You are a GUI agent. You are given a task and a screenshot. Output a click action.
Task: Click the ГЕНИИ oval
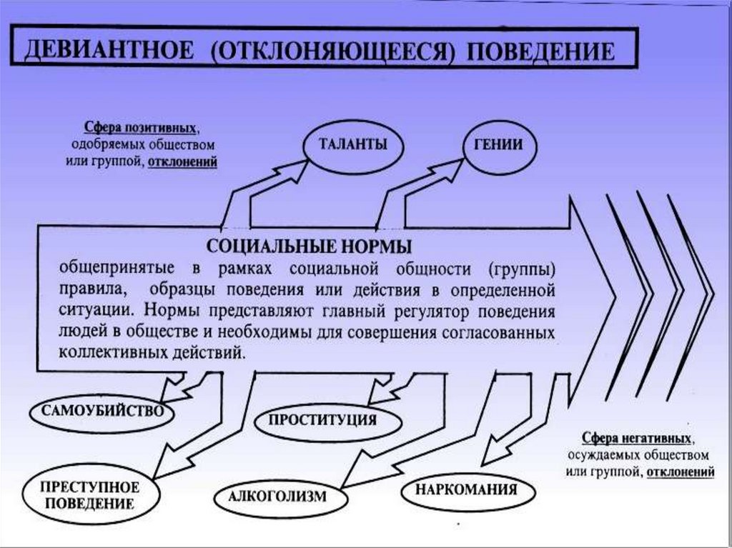pos(498,144)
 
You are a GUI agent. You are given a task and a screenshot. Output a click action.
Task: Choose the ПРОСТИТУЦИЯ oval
pos(322,419)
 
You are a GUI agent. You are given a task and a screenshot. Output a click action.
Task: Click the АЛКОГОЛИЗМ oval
pos(278,495)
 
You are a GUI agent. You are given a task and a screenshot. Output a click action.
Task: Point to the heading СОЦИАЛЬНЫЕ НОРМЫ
pos(309,247)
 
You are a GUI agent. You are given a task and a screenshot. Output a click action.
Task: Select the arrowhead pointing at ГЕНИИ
pos(452,169)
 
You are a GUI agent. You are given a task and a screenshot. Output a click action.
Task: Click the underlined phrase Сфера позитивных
pos(139,129)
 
